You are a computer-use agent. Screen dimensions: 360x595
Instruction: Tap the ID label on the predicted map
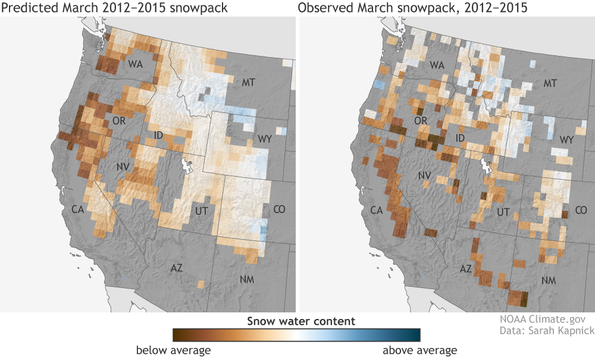click(158, 136)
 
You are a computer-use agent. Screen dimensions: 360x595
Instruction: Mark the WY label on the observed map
click(567, 139)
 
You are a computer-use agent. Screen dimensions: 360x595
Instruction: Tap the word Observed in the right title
click(326, 9)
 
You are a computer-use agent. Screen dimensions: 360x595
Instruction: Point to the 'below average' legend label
click(173, 350)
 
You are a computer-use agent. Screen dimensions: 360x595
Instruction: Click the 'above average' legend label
click(419, 350)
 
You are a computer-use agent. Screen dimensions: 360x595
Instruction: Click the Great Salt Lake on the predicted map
click(189, 162)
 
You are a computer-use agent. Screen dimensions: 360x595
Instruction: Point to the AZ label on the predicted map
click(176, 268)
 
